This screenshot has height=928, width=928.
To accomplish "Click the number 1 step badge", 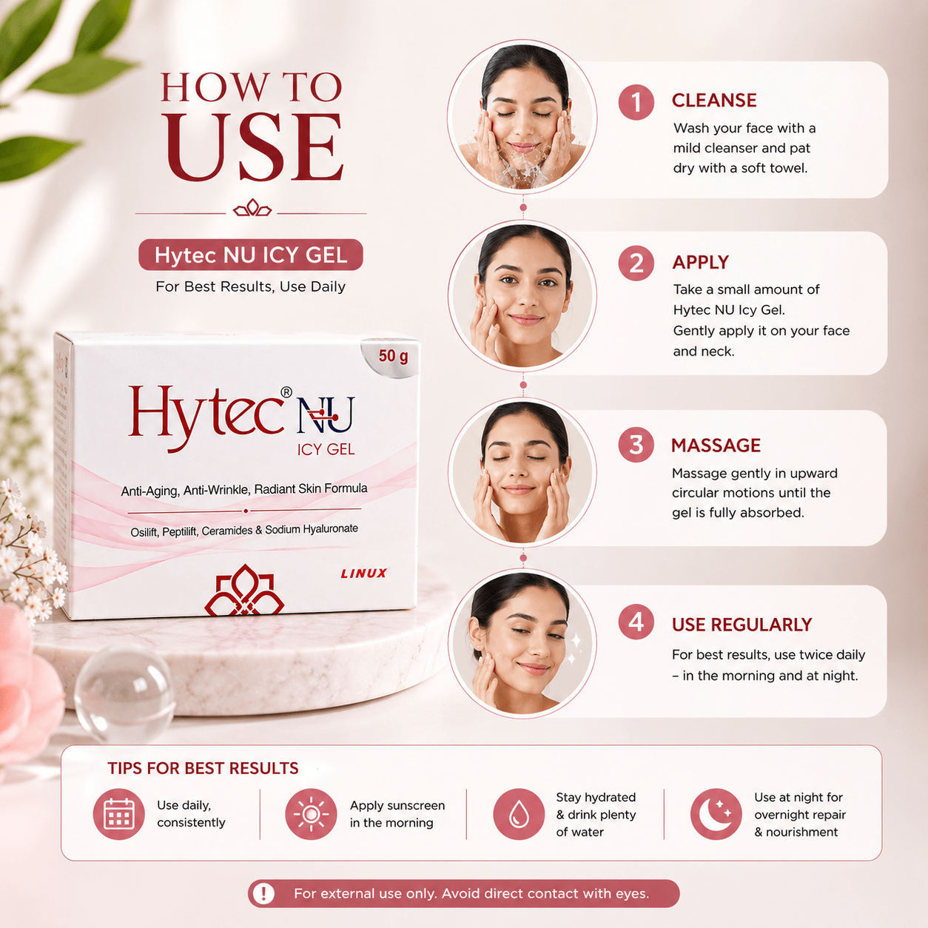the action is [x=636, y=102].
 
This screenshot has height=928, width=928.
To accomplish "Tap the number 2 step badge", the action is [x=636, y=263].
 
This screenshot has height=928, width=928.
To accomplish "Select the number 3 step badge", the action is [x=636, y=445].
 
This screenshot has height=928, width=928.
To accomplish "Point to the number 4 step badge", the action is [x=636, y=622].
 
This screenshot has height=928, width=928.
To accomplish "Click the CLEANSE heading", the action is [x=714, y=100].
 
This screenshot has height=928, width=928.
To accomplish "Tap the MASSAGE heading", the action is [x=716, y=445].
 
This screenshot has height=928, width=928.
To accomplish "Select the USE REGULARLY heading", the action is [x=742, y=625].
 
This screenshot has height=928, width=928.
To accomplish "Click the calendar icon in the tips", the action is [x=118, y=814].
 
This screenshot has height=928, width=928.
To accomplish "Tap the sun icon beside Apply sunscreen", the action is [x=311, y=814].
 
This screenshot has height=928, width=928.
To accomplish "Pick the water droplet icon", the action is [x=519, y=814].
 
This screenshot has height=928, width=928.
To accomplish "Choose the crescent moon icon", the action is [x=716, y=814].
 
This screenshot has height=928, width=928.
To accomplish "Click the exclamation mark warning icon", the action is [x=263, y=894].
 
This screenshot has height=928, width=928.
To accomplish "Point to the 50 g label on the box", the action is [x=393, y=357].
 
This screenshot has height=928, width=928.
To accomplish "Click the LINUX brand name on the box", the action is [x=363, y=573].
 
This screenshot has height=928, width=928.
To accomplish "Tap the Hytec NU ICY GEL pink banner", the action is [x=250, y=255].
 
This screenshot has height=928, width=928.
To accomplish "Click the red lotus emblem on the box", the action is [x=244, y=591].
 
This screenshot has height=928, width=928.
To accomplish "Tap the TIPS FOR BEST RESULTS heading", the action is [x=203, y=768].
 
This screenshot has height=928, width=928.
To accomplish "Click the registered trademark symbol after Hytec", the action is [x=286, y=392].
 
